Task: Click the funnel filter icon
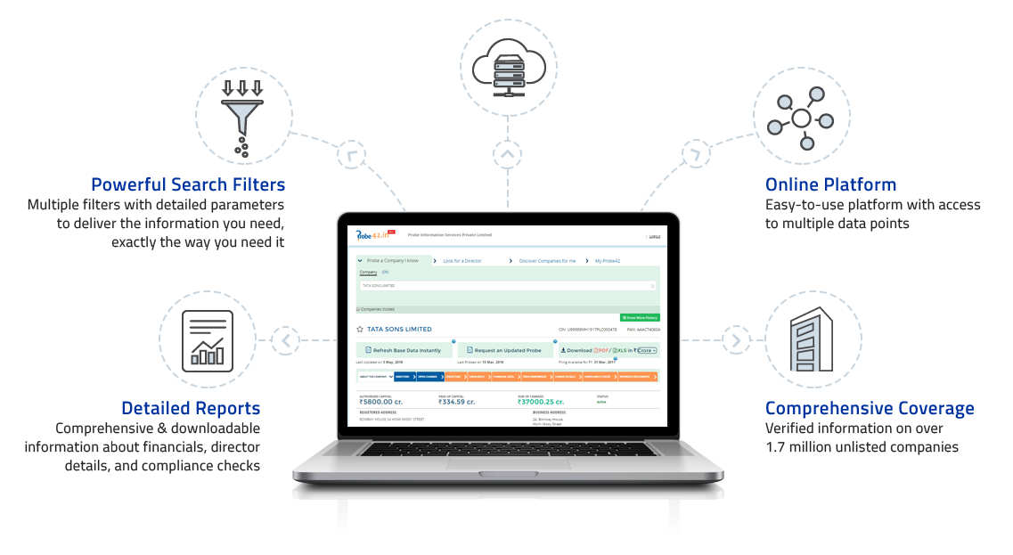pyautogui.click(x=242, y=117)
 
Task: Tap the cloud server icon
pyautogui.click(x=508, y=67)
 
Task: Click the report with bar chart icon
pyautogui.click(x=207, y=340)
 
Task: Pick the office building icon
pyautogui.click(x=811, y=340)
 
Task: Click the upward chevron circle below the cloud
pyautogui.click(x=508, y=154)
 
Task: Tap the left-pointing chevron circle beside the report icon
pyautogui.click(x=285, y=339)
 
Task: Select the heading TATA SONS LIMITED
pyautogui.click(x=399, y=330)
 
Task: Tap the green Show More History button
pyautogui.click(x=640, y=317)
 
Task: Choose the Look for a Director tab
pyautogui.click(x=462, y=261)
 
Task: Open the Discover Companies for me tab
pyautogui.click(x=548, y=261)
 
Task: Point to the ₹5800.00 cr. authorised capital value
pyautogui.click(x=381, y=402)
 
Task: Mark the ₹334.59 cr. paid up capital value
pyautogui.click(x=457, y=402)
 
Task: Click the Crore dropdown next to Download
pyautogui.click(x=647, y=350)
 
